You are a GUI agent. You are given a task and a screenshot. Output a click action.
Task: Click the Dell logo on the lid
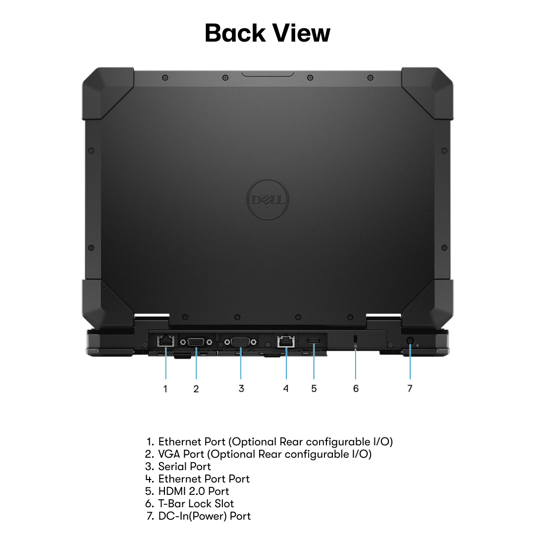click(x=267, y=199)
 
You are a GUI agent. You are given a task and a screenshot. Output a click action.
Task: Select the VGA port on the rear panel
click(x=196, y=342)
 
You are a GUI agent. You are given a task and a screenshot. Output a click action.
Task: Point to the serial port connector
click(x=240, y=342)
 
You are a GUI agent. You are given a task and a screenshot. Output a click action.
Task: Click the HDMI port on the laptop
click(x=314, y=341)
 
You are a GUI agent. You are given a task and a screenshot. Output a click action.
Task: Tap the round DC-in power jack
click(x=410, y=341)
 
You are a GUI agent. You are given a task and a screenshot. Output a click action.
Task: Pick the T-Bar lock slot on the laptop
click(x=356, y=339)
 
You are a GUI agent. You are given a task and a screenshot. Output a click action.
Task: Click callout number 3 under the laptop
click(x=241, y=388)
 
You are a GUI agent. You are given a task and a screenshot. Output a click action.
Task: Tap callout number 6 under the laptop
click(x=356, y=388)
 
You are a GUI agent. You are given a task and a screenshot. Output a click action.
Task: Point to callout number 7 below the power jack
click(x=410, y=388)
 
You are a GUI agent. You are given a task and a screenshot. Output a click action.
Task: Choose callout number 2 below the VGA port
click(x=196, y=389)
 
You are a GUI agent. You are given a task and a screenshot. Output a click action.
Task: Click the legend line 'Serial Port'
click(x=184, y=467)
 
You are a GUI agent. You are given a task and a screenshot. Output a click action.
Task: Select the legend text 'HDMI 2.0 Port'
click(x=194, y=491)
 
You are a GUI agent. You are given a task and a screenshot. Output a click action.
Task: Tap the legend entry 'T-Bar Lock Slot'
click(x=196, y=504)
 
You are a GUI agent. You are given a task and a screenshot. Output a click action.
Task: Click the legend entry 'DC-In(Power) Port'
click(x=204, y=516)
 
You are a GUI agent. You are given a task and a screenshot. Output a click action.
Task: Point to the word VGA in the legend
click(x=169, y=454)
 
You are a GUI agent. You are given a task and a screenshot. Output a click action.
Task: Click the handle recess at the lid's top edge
click(x=267, y=74)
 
